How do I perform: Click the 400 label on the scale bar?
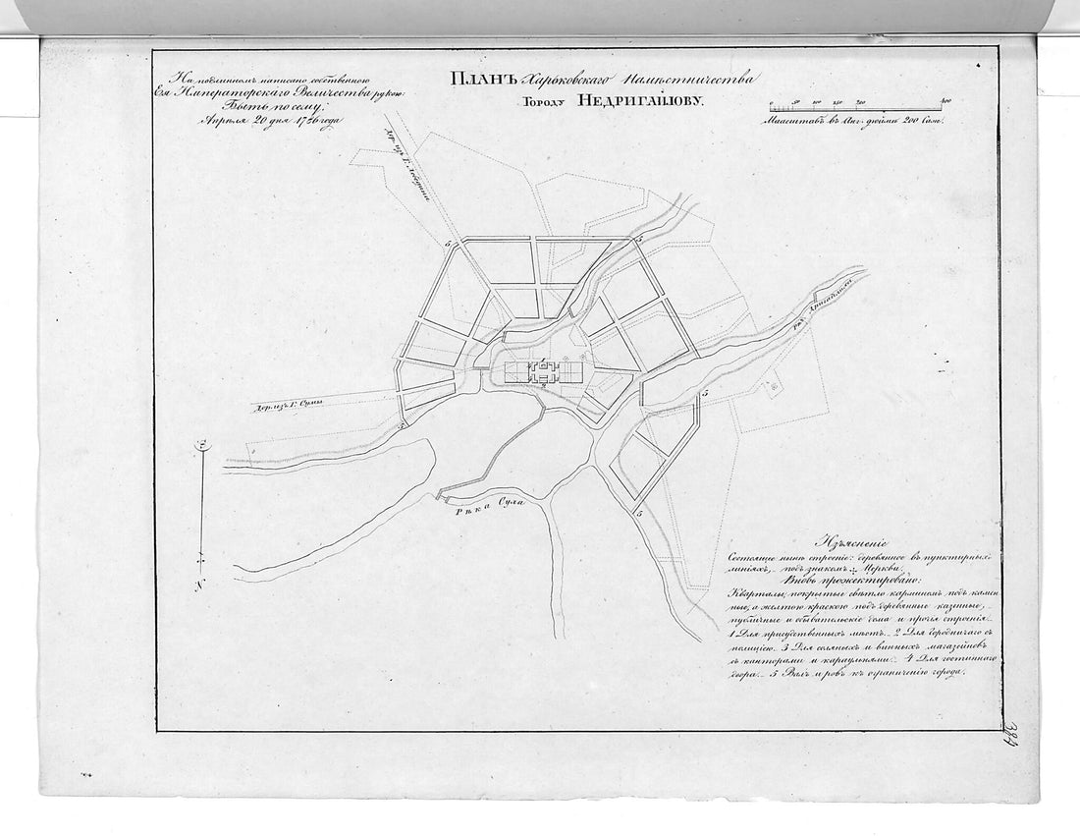tap(946, 101)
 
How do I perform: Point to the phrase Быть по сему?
tap(259, 106)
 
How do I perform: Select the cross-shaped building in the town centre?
tap(543, 370)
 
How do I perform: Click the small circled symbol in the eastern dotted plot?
tap(775, 387)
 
